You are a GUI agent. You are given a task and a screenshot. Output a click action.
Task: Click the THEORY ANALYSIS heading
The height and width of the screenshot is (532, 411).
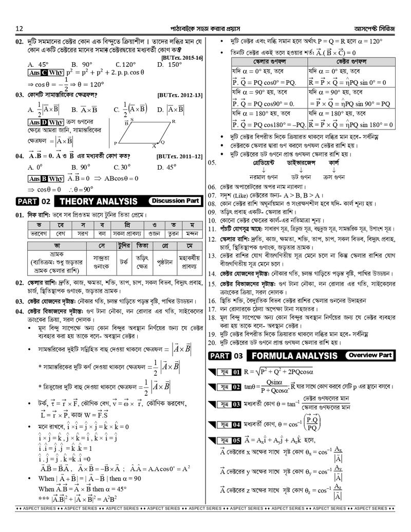coord(99,201)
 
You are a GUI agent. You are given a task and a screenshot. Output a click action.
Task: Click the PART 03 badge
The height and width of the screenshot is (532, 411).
coord(225,356)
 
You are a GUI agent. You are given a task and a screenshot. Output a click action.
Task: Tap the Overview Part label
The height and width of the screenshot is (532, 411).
coord(370,355)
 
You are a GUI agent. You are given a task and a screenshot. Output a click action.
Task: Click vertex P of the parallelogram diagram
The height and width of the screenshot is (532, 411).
coord(116,143)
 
